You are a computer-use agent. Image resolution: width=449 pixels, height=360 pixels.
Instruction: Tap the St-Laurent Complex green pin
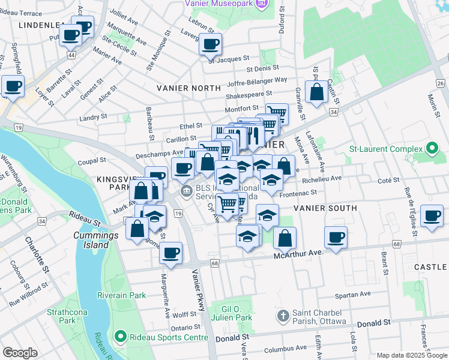[x=432, y=148]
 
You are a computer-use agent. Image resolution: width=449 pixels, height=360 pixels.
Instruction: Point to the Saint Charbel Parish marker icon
[x=283, y=315]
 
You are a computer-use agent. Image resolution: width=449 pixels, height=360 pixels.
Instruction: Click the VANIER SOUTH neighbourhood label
[x=325, y=208]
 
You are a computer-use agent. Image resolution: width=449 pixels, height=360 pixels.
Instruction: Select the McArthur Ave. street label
[x=298, y=255]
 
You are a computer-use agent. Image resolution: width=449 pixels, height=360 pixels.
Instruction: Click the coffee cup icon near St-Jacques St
[x=211, y=44]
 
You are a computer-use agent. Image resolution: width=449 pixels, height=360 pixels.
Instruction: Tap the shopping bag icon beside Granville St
[x=316, y=92]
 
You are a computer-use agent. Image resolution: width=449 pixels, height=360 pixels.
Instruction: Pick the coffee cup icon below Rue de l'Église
[x=432, y=217]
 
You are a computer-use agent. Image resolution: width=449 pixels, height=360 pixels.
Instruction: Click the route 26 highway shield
[x=441, y=83]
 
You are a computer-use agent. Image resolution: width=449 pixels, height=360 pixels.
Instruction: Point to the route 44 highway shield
[x=71, y=55]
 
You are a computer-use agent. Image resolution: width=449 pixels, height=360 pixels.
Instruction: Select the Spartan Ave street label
[x=353, y=295]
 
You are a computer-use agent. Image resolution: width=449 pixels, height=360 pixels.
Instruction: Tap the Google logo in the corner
[x=20, y=353]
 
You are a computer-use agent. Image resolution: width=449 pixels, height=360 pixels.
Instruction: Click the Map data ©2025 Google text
[x=412, y=355]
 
